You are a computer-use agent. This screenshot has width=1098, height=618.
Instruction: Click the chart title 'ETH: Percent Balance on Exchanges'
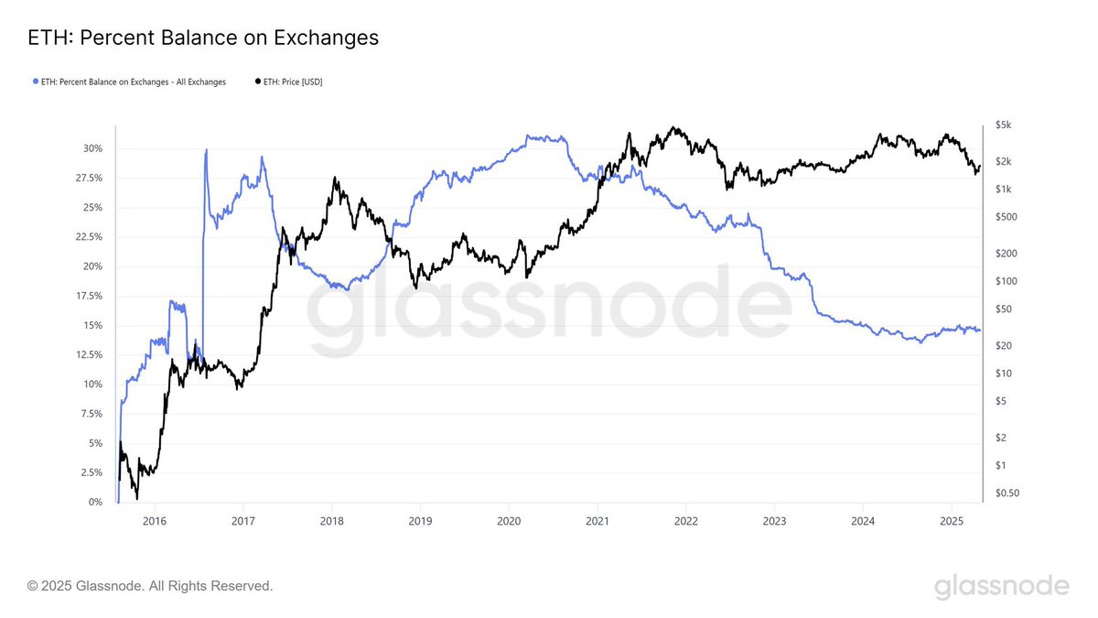point(203,38)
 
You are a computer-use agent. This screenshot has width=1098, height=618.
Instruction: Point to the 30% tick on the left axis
point(92,148)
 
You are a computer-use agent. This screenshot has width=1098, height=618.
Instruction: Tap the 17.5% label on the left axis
point(89,296)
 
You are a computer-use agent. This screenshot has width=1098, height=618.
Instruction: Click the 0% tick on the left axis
point(95,503)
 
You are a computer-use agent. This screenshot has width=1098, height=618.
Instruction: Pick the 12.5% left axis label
point(89,354)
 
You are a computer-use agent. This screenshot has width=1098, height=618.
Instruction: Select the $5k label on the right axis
point(1004,125)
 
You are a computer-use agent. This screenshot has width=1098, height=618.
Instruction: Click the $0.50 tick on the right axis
point(1007,493)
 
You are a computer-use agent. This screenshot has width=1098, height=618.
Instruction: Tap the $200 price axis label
point(1006,253)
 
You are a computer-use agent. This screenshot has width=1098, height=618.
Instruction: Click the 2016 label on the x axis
point(155,521)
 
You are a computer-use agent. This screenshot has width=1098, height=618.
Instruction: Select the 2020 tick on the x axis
point(509,521)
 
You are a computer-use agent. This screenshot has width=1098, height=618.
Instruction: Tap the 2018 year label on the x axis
point(331,521)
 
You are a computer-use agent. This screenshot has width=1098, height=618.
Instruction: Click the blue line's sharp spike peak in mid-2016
point(206,150)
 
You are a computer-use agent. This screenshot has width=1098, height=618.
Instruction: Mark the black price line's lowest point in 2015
point(137,498)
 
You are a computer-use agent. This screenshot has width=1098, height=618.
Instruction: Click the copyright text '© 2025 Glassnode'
point(150,585)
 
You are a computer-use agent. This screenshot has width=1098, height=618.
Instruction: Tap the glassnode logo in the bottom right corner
point(1001,586)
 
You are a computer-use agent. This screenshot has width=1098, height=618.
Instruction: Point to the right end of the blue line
point(979,331)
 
